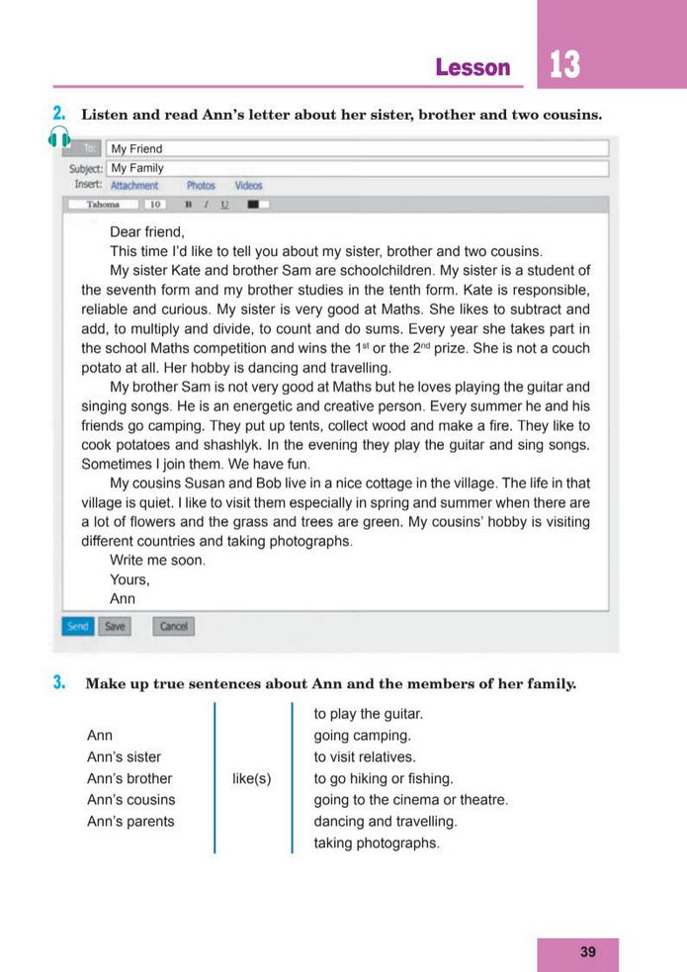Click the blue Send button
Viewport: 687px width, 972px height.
point(77,626)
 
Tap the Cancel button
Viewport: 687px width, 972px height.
point(174,626)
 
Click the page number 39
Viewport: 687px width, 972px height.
point(588,952)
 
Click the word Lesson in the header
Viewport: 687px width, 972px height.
point(472,68)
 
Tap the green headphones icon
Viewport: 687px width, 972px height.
point(59,138)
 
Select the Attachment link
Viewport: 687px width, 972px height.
point(134,185)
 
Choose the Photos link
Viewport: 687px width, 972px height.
point(201,185)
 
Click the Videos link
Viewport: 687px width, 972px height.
point(248,185)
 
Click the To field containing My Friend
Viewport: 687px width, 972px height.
point(356,149)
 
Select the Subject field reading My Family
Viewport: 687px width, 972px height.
point(356,168)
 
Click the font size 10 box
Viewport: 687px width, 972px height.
point(154,205)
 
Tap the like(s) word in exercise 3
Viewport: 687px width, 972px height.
point(252,778)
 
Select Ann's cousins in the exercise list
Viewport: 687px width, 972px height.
point(131,799)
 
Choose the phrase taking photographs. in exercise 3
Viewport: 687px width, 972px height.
point(377,842)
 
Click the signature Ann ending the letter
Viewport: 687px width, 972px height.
point(123,598)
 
